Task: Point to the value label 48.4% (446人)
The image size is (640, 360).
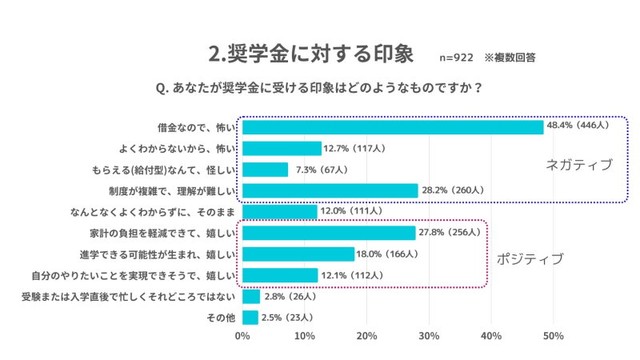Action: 585,127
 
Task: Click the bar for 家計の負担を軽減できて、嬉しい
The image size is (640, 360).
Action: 328,232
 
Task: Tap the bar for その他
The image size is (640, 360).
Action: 249,318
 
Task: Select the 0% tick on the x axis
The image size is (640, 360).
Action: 242,336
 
